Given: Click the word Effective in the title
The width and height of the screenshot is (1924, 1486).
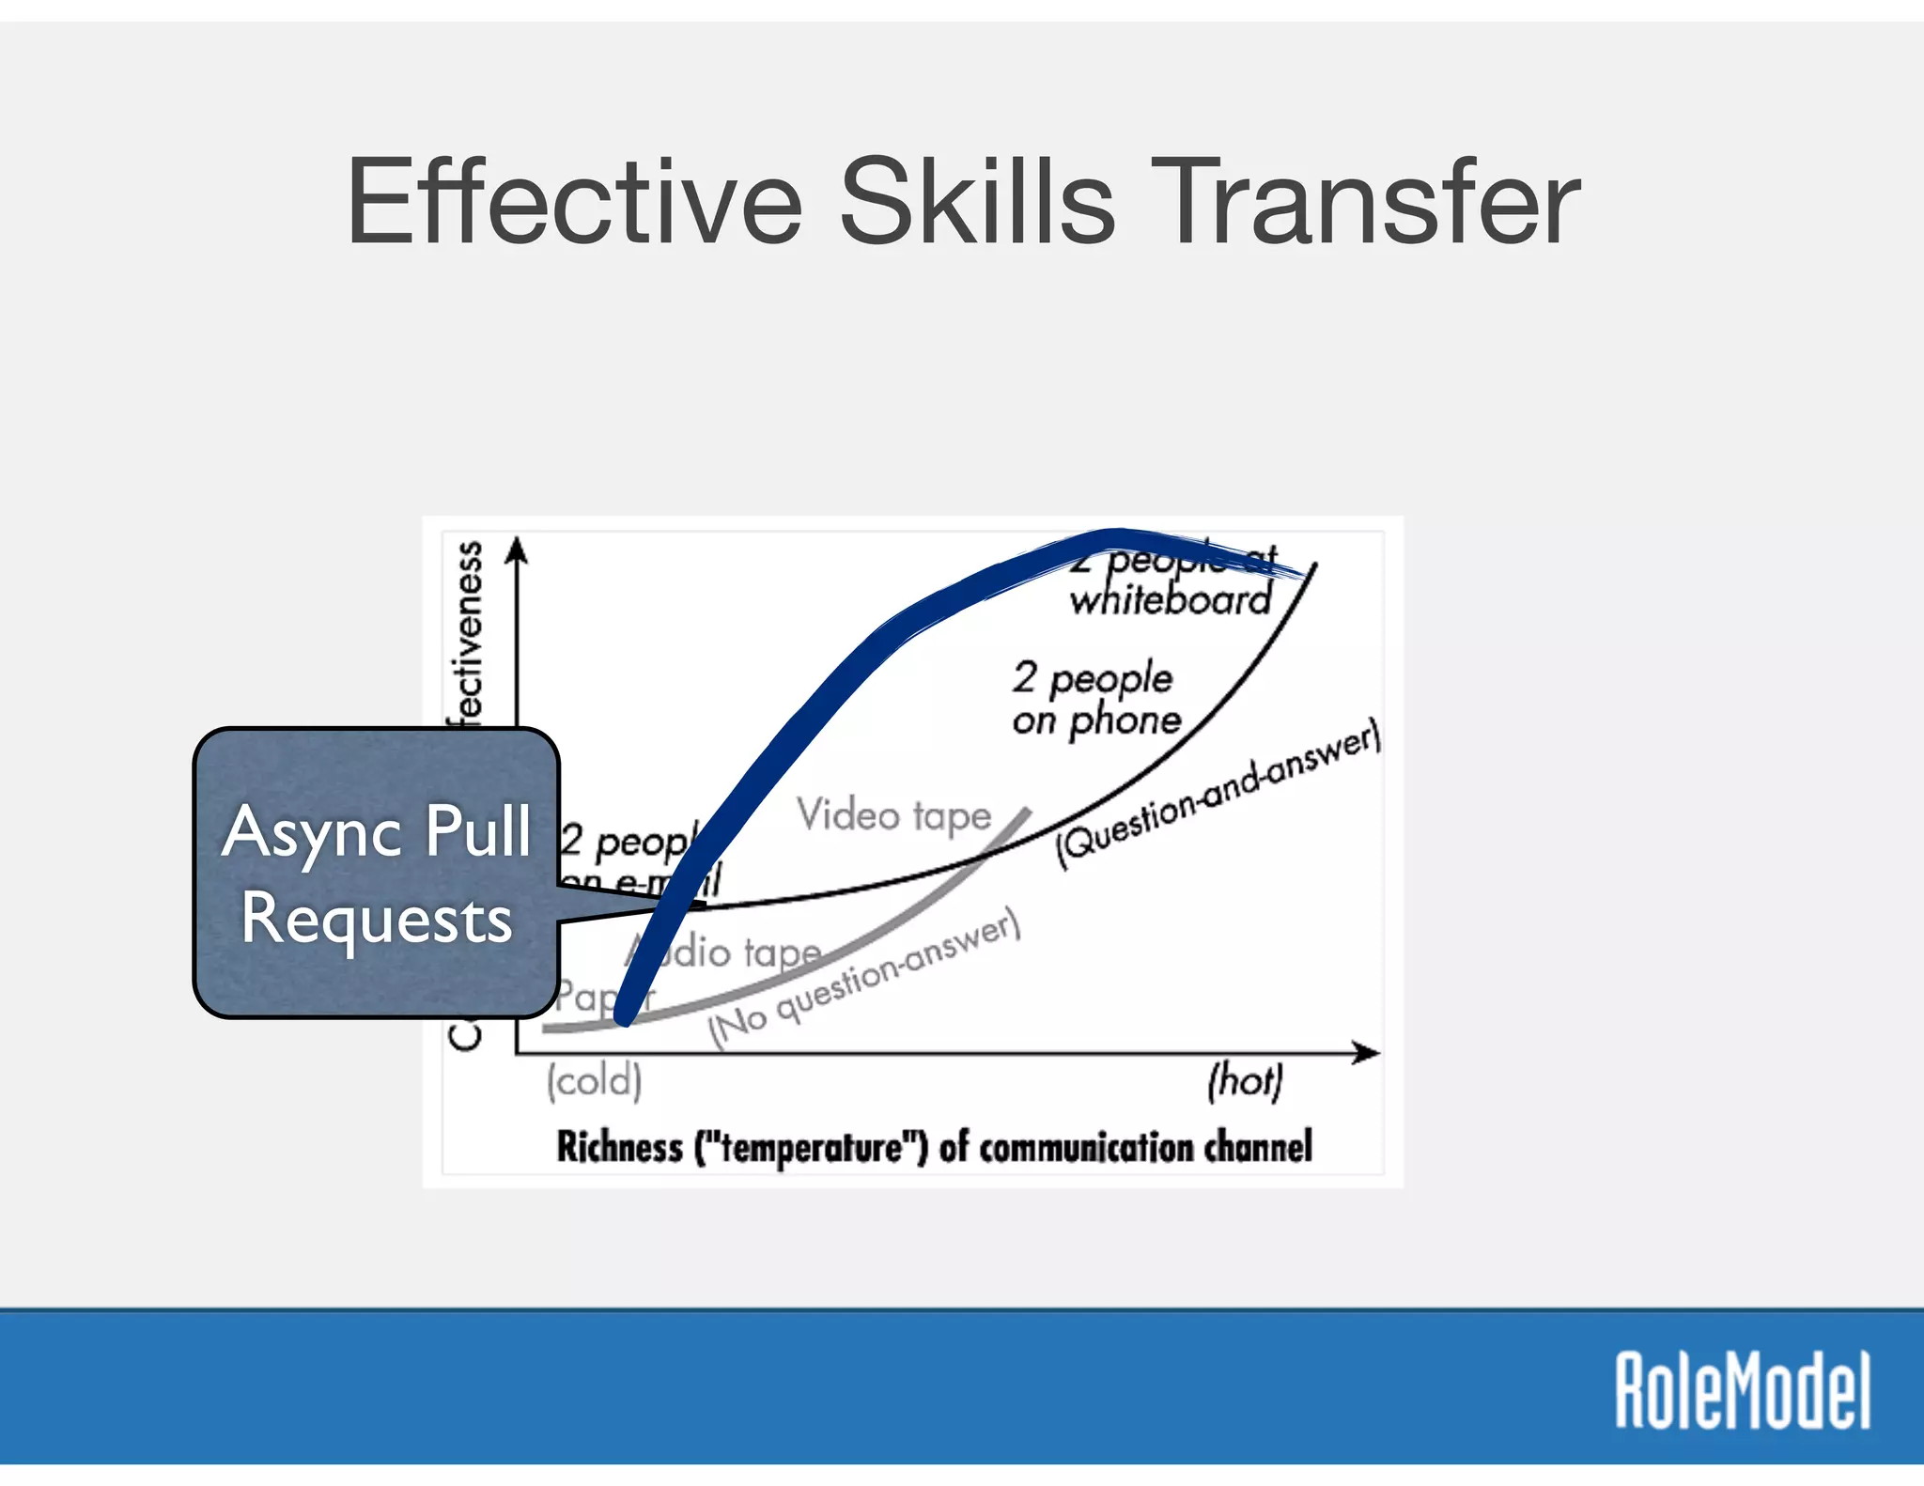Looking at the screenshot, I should [x=574, y=202].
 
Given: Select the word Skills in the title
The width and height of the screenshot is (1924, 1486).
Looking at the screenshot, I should [x=977, y=202].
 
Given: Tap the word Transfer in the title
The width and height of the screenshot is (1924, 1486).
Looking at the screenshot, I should [x=1366, y=202].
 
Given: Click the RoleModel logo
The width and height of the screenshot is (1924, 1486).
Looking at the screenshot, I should [x=1743, y=1390].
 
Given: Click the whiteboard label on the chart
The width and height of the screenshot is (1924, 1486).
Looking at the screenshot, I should [x=1171, y=599].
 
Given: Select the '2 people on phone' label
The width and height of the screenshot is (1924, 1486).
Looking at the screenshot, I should [x=1095, y=699].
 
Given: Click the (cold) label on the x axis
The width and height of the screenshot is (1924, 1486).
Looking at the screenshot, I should [x=595, y=1080].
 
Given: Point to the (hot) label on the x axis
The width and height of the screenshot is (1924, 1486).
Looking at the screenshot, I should [x=1245, y=1080].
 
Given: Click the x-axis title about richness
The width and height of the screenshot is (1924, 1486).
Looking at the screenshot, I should [x=934, y=1147].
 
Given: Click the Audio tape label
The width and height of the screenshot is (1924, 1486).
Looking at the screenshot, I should [x=733, y=952].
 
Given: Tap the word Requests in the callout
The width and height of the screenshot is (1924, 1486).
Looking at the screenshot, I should [x=377, y=919].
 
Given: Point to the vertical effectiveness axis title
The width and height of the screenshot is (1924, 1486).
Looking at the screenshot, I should [x=466, y=639].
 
